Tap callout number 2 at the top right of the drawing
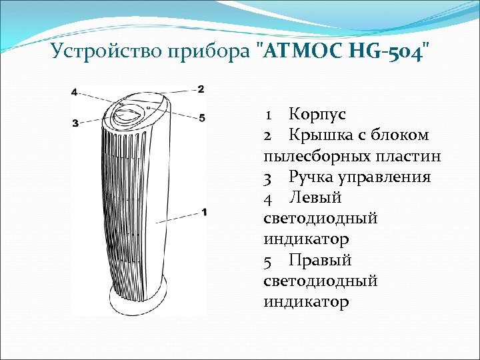[x=201, y=89]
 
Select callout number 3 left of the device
[x=75, y=123]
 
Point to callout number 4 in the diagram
[x=74, y=92]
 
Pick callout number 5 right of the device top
[x=201, y=118]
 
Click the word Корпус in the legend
[x=317, y=115]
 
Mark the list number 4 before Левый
[x=268, y=198]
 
